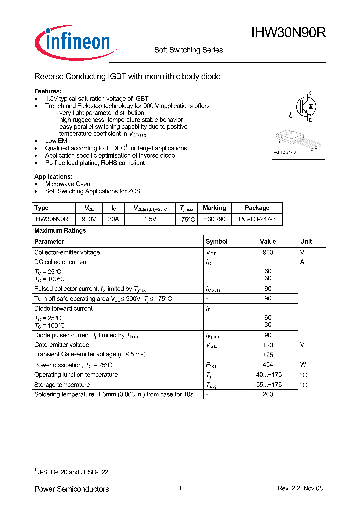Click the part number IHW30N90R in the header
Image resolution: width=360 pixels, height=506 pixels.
[289, 33]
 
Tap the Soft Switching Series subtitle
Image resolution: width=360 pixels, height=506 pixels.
[188, 50]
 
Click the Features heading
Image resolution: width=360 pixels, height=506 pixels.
[48, 91]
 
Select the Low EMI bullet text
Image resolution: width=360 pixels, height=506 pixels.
[58, 141]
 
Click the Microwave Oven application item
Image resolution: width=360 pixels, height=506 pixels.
[68, 184]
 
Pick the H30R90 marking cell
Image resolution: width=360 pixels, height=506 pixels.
[214, 219]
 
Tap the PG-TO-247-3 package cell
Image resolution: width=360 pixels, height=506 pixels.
[257, 219]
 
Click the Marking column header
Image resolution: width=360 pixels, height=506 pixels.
[214, 208]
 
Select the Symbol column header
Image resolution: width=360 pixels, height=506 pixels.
[217, 241]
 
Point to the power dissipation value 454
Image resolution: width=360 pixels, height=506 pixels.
[268, 365]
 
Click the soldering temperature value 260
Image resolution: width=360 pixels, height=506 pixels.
[268, 394]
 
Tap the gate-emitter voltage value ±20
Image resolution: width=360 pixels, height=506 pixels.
[268, 345]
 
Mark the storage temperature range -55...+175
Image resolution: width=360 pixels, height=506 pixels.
[268, 385]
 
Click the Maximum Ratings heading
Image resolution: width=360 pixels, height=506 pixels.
[60, 231]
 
